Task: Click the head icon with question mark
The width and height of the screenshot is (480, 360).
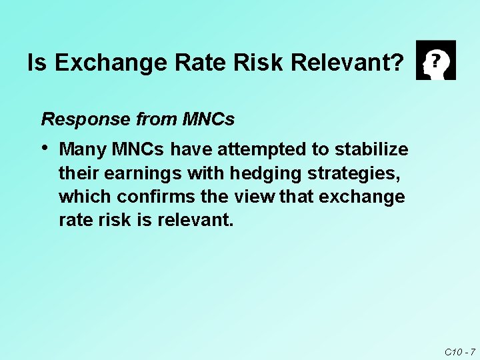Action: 435,60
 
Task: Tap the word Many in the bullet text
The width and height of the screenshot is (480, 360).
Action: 83,148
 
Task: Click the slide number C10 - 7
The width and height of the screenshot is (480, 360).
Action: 459,351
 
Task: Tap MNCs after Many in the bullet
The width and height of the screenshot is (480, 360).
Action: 140,148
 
